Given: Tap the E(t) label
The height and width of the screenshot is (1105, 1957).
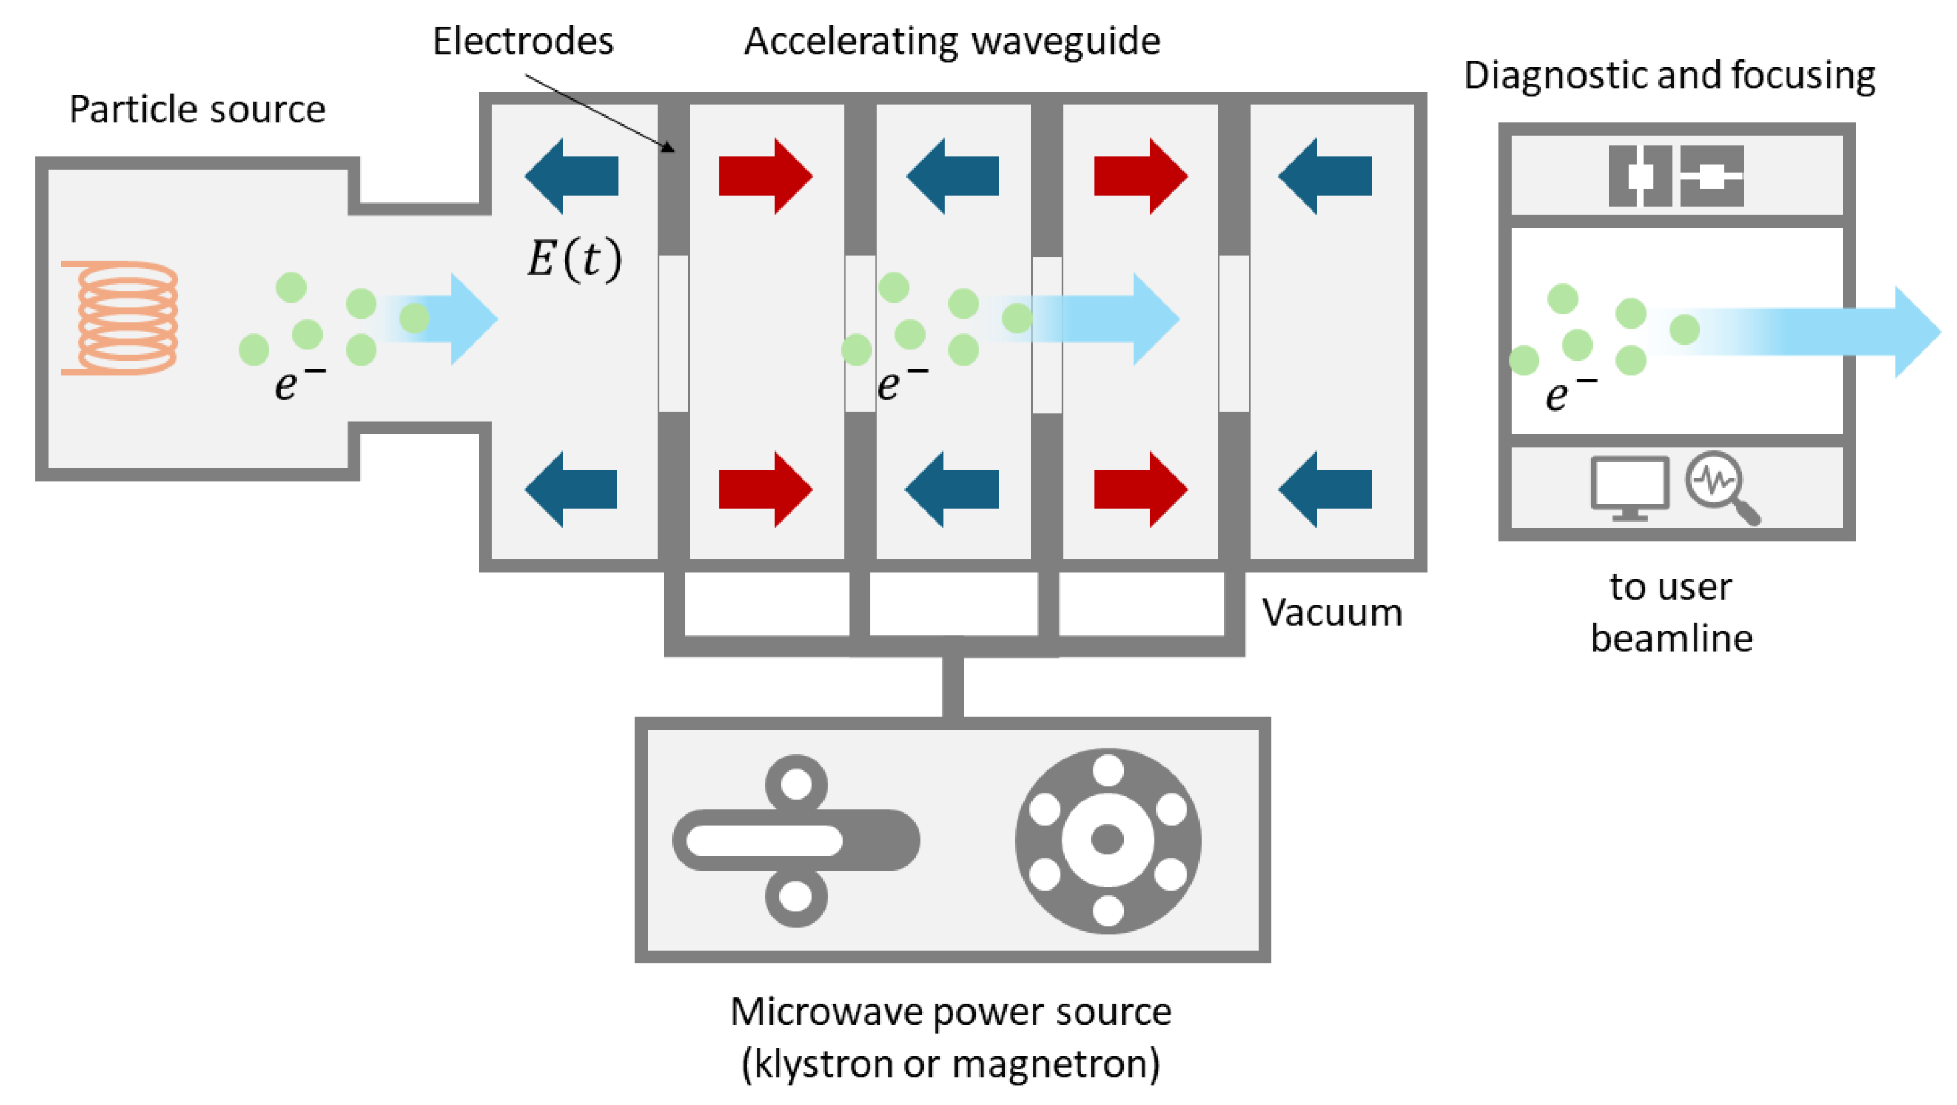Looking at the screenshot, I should pyautogui.click(x=574, y=259).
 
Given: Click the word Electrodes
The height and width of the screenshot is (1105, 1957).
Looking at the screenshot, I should pyautogui.click(x=523, y=41).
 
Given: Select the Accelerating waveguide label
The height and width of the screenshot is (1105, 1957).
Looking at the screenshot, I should pyautogui.click(x=952, y=41).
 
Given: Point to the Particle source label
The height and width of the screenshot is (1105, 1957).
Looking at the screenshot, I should pyautogui.click(x=198, y=110).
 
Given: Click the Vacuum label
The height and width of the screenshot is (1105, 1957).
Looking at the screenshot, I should pyautogui.click(x=1332, y=612).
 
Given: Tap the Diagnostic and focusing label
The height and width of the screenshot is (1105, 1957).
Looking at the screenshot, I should pyautogui.click(x=1669, y=75).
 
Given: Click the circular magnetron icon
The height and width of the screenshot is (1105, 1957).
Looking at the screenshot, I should pyautogui.click(x=1107, y=840).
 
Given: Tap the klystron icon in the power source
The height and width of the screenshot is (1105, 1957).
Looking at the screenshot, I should pyautogui.click(x=796, y=840).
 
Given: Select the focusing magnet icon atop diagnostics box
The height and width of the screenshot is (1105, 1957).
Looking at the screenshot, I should pyautogui.click(x=1676, y=176).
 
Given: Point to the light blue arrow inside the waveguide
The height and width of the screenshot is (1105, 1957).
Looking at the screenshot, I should pyautogui.click(x=1110, y=319).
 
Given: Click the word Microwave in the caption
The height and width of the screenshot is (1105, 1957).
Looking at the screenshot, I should pyautogui.click(x=825, y=1012).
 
